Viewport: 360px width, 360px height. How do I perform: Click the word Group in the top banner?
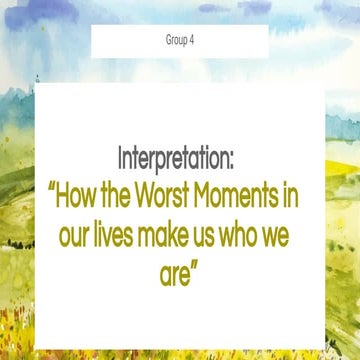pyautogui.click(x=176, y=41)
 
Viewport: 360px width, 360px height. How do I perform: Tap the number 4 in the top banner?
pyautogui.click(x=192, y=41)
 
